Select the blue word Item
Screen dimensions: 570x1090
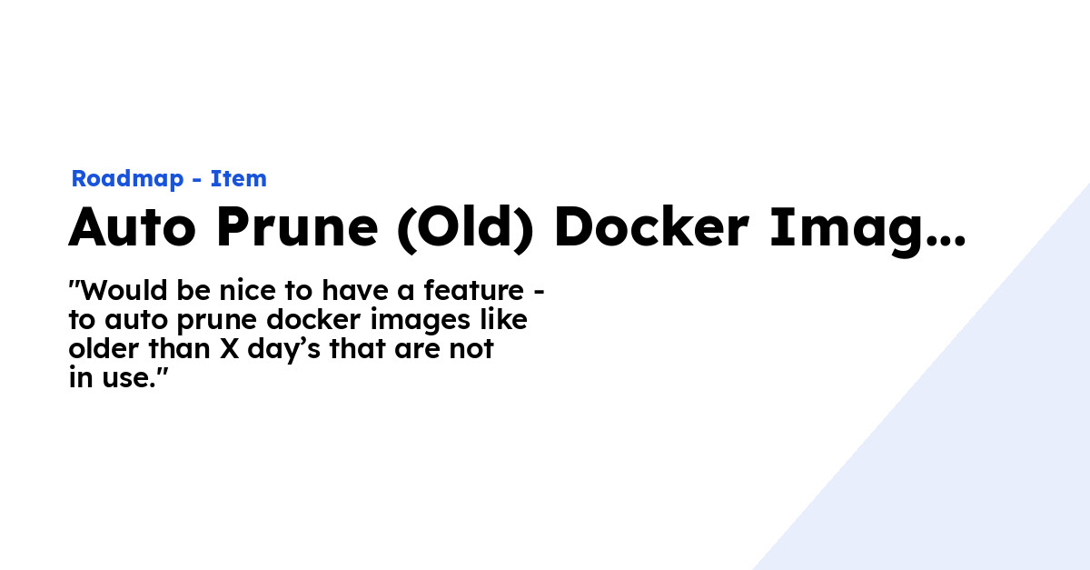click(x=239, y=179)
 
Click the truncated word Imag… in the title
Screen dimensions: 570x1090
click(x=867, y=229)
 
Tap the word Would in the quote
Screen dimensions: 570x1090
click(x=114, y=292)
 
